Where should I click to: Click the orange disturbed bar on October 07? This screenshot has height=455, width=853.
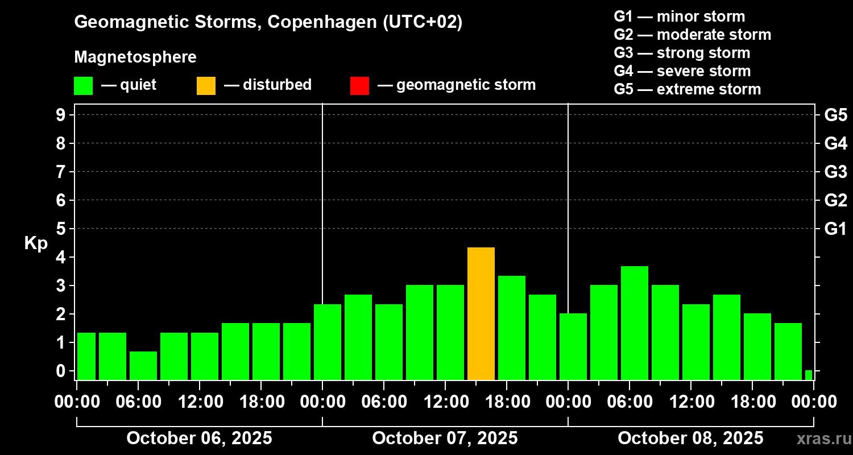coord(481,313)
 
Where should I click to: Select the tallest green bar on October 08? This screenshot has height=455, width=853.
coord(635,322)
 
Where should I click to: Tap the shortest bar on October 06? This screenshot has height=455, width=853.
coord(143,365)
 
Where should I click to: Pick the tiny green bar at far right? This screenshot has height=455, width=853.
coord(809,375)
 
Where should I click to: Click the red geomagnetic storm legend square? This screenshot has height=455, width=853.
coord(359,86)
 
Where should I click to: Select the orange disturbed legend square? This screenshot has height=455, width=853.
coord(206,86)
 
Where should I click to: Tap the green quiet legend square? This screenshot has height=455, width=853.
coord(84,86)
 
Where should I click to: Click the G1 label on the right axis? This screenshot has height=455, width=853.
coord(835,229)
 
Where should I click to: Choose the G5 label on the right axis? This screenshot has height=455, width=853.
coord(835,115)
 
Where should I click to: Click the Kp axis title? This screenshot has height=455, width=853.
coord(35,243)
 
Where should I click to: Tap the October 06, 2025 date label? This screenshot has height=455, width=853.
coord(199,439)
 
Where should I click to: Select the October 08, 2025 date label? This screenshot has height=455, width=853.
coord(690,439)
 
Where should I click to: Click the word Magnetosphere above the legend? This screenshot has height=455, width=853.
coord(135,57)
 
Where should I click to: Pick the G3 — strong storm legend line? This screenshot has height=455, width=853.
coord(682,53)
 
